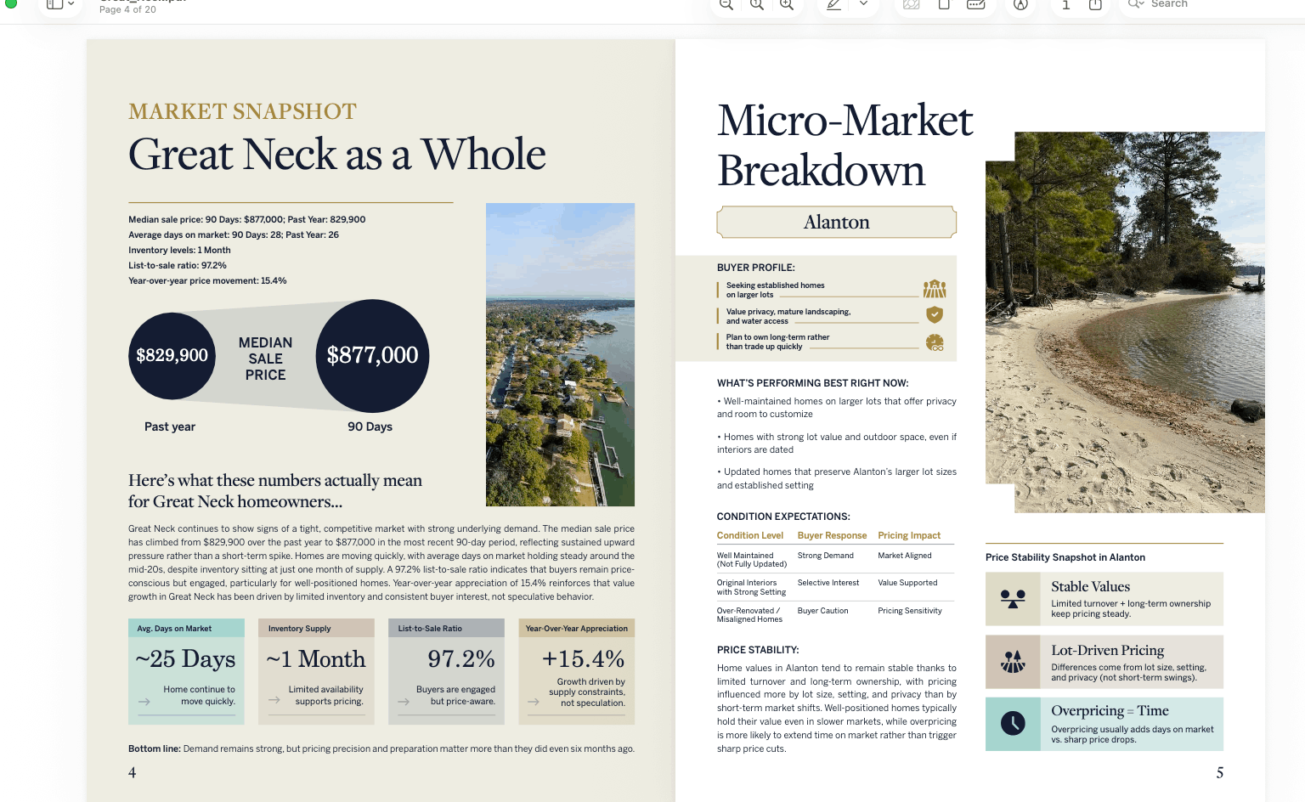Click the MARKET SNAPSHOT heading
tap(242, 111)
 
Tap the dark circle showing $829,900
tap(172, 355)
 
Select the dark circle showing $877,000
tap(372, 355)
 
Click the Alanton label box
tap(837, 222)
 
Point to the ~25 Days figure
tap(185, 659)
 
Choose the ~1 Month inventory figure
tap(315, 659)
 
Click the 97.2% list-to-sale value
tap(460, 659)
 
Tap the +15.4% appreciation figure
tap(583, 659)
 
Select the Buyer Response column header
tap(832, 535)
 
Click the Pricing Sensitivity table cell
tap(910, 611)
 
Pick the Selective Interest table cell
tap(828, 583)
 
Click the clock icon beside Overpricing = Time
tap(1013, 724)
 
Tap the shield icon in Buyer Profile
tap(935, 314)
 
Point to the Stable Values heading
tap(1090, 586)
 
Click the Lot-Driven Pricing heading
tap(1107, 650)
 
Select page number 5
tap(1220, 772)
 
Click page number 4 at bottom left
tap(132, 772)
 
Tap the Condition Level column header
tap(750, 535)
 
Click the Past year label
tap(170, 426)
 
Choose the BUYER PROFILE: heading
tap(755, 268)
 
